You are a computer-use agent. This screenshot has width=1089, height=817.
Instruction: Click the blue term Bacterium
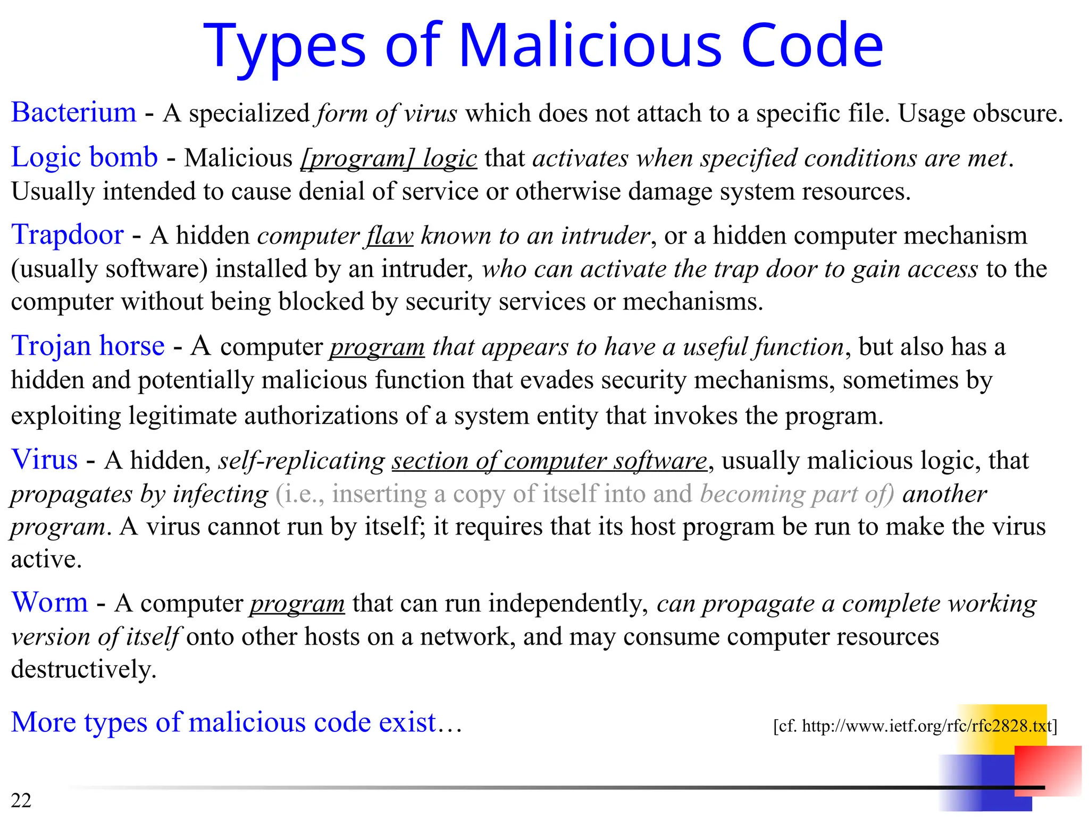point(74,113)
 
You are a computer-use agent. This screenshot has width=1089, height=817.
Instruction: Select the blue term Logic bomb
point(85,157)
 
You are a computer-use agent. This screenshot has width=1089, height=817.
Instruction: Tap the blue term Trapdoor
point(68,235)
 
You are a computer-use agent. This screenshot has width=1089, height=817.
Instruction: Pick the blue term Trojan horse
point(88,346)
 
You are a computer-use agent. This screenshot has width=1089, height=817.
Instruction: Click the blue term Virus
point(45,460)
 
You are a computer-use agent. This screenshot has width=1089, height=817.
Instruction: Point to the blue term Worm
point(50,603)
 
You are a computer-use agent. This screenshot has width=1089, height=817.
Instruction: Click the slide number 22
point(21,800)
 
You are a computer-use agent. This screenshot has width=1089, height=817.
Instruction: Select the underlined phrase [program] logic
point(389,159)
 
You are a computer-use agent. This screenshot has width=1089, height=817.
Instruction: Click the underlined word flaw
point(389,236)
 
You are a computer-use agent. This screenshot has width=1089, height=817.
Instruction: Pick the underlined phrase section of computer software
point(550,461)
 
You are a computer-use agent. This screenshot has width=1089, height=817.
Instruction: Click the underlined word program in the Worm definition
point(297,604)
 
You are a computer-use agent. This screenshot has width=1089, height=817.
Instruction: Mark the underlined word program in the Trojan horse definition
point(377,347)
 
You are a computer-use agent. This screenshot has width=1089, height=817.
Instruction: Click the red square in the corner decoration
point(1047,770)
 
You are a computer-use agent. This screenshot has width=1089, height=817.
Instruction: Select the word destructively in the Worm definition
point(83,669)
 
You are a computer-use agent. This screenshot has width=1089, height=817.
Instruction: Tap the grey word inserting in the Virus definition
point(379,494)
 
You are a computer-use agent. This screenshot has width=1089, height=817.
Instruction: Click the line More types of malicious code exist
point(236,722)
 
